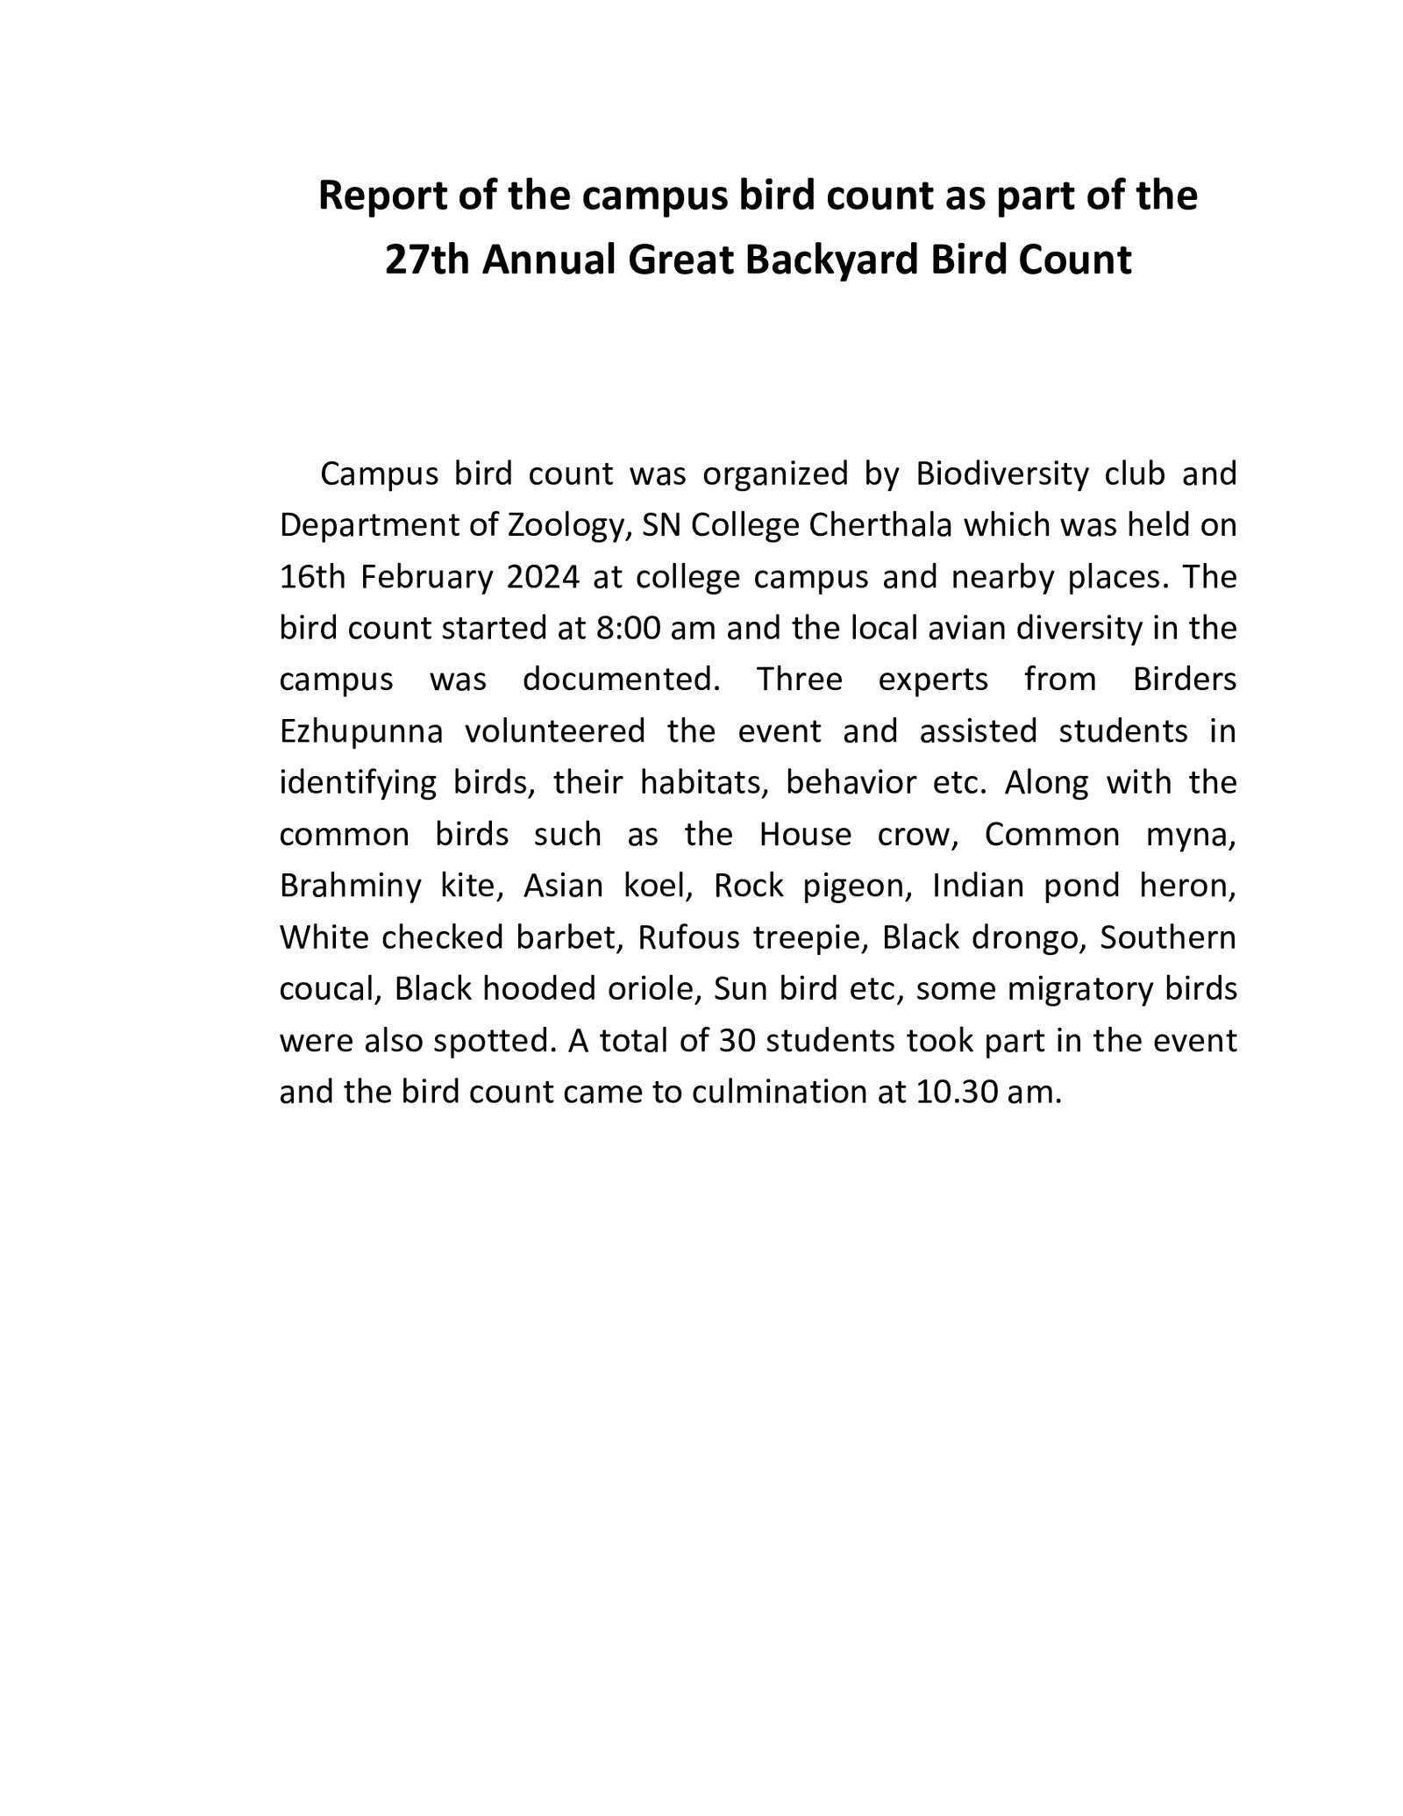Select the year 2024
point(538,577)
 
